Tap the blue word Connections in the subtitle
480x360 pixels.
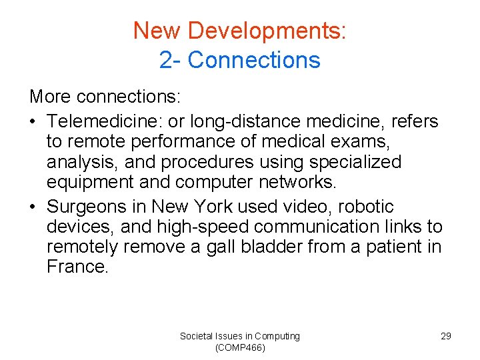coord(254,60)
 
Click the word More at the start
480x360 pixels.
coord(51,97)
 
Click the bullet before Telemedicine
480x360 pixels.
coord(34,122)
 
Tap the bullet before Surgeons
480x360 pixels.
coord(34,207)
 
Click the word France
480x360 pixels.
coord(77,267)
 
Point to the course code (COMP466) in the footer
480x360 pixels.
coord(239,347)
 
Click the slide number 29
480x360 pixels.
coord(446,336)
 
